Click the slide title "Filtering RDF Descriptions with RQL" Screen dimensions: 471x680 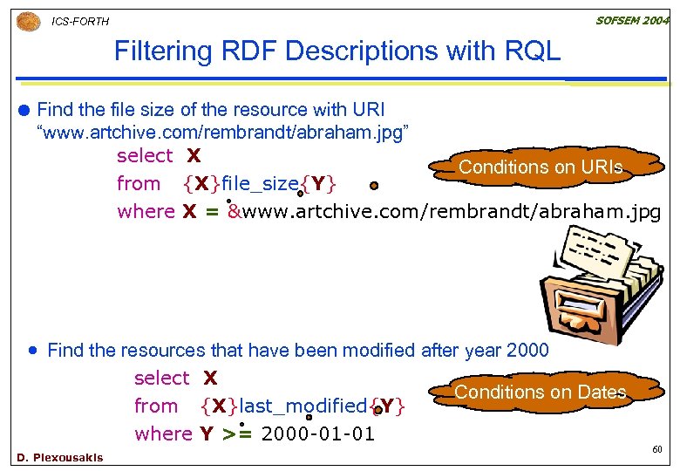click(x=337, y=51)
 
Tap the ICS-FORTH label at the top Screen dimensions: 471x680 click(x=80, y=22)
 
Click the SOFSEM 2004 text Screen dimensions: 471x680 click(x=632, y=19)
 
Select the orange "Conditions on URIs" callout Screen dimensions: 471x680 click(x=541, y=167)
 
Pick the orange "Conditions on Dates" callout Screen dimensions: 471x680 click(x=541, y=392)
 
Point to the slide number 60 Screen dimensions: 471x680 click(x=658, y=450)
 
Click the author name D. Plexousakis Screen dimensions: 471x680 click(x=59, y=457)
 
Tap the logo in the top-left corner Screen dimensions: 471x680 click(x=28, y=21)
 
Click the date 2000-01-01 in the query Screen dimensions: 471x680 click(x=317, y=433)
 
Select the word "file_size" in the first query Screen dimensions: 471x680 click(x=259, y=183)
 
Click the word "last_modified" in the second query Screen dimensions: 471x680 click(x=303, y=406)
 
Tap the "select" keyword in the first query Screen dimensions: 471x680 click(x=145, y=156)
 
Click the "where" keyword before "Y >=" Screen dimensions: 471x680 click(x=163, y=433)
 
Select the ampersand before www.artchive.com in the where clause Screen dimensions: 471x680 click(x=233, y=211)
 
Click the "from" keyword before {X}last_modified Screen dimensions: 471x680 click(x=156, y=406)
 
